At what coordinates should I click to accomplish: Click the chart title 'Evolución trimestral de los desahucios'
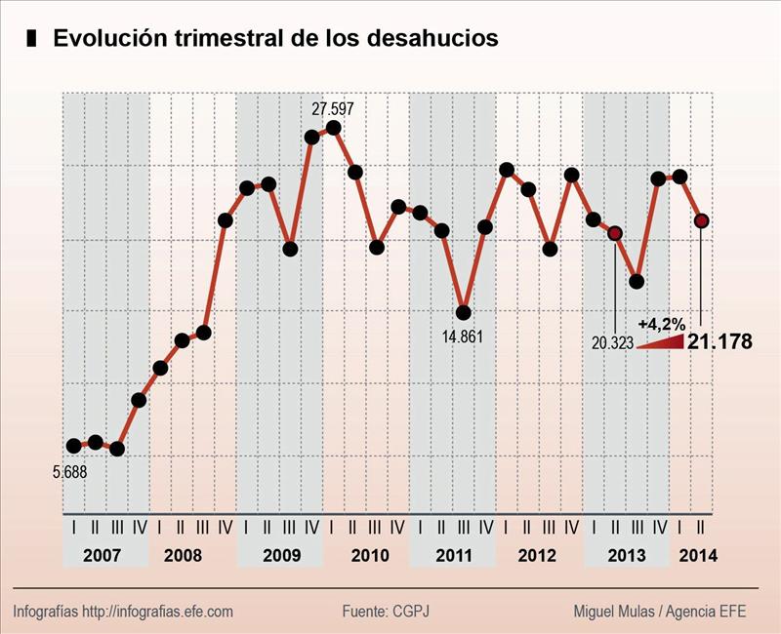point(275,39)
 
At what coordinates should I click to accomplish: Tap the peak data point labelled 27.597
point(334,128)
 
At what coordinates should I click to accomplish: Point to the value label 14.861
point(463,337)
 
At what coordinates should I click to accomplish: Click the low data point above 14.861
point(464,312)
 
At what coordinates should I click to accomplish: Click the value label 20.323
point(612,342)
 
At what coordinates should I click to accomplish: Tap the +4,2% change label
point(661,323)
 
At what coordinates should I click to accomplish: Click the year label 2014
point(697,555)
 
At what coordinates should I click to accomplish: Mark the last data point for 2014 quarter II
point(701,220)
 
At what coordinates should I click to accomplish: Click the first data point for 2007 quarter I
point(74,446)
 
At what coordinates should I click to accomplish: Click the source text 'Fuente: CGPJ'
point(386,612)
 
